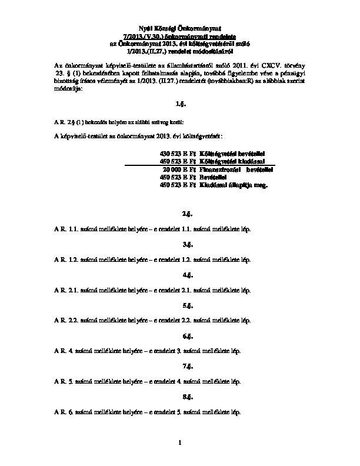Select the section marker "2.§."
187,212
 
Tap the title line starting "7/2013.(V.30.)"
181,36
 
